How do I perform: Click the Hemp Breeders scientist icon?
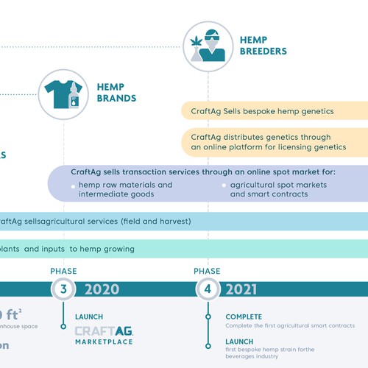(x=208, y=44)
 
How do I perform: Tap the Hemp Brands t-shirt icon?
(x=64, y=94)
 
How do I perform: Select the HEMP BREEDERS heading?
(x=263, y=46)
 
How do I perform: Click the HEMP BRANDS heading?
(x=116, y=92)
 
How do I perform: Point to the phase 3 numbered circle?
(x=63, y=289)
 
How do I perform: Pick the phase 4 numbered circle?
(x=208, y=289)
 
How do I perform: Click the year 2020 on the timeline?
(x=102, y=289)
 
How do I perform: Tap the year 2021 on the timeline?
(x=242, y=289)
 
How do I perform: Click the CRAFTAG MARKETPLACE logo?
(x=104, y=336)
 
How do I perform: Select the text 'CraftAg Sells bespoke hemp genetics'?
(x=262, y=111)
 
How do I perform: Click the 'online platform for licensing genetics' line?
(x=258, y=147)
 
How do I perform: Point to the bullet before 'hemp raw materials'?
(x=73, y=186)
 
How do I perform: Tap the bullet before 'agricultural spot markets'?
(x=224, y=186)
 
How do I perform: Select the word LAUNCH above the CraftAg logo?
(x=88, y=317)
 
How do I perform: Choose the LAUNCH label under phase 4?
(x=239, y=342)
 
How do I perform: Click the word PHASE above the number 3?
(x=63, y=271)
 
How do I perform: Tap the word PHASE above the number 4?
(x=208, y=271)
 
